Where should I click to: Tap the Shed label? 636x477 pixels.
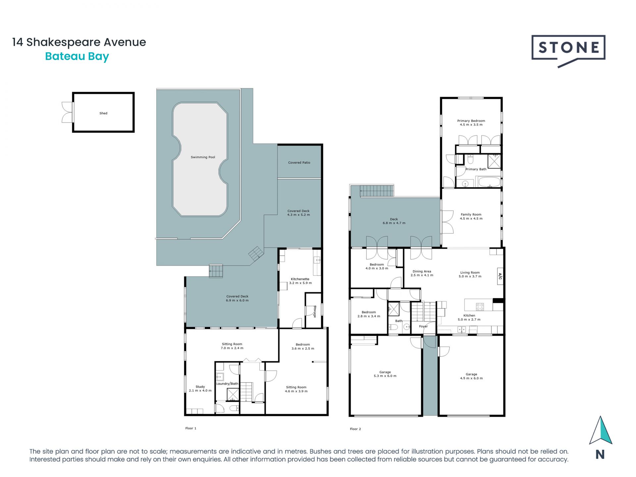[x=103, y=113]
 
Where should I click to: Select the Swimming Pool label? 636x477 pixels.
[x=203, y=157]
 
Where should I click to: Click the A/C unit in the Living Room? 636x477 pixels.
[x=500, y=276]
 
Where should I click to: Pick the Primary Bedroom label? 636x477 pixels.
[x=471, y=121]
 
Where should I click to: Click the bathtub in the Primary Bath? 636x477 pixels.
[x=488, y=182]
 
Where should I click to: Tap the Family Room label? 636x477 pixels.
[x=471, y=215]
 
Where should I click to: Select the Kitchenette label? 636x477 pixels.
[x=300, y=279]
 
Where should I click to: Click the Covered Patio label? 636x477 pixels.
[x=299, y=163]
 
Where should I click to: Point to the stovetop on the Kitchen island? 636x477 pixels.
[x=480, y=307]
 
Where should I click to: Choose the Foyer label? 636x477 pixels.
[x=423, y=327]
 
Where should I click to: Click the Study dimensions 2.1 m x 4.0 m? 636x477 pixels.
[x=200, y=391]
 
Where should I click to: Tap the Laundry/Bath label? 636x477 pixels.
[x=227, y=384]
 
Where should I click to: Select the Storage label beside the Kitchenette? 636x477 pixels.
[x=315, y=311]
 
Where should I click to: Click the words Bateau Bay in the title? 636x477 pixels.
[x=77, y=57]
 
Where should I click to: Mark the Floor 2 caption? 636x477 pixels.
[x=355, y=429]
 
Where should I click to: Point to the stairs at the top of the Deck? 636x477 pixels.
[x=377, y=191]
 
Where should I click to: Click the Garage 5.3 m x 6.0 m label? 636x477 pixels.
[x=385, y=374]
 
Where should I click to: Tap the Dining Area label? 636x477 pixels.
[x=422, y=272]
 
